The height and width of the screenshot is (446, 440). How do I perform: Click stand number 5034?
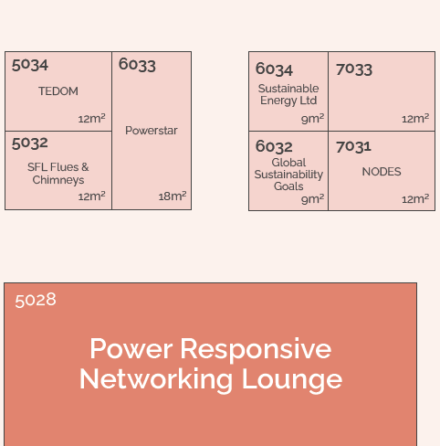[30, 65]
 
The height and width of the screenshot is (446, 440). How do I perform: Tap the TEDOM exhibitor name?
[58, 91]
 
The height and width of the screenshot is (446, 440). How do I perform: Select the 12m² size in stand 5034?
[91, 119]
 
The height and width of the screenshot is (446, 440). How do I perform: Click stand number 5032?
[30, 143]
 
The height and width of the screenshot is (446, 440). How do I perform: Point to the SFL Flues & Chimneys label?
[58, 174]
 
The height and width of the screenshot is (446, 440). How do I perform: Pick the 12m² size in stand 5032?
[91, 196]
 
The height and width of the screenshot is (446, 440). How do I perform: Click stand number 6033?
[137, 65]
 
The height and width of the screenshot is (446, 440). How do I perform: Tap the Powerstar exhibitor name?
[152, 131]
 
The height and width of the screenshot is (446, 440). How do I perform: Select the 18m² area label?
[173, 196]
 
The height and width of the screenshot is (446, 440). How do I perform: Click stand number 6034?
[274, 69]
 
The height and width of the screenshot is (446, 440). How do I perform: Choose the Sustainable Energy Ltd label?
[288, 95]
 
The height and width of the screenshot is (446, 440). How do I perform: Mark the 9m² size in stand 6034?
[313, 119]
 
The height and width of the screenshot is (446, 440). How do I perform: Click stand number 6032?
[274, 147]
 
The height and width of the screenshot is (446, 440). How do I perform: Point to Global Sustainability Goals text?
[288, 175]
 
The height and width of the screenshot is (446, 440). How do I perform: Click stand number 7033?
[354, 69]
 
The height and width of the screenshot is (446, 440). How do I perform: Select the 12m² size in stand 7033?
[415, 119]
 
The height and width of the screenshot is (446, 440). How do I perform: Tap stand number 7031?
[353, 147]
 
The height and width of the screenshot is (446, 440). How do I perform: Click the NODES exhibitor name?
[382, 172]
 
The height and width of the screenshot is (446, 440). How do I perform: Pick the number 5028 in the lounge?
[36, 301]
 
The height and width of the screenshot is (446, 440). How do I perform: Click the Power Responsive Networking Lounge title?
[211, 364]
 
